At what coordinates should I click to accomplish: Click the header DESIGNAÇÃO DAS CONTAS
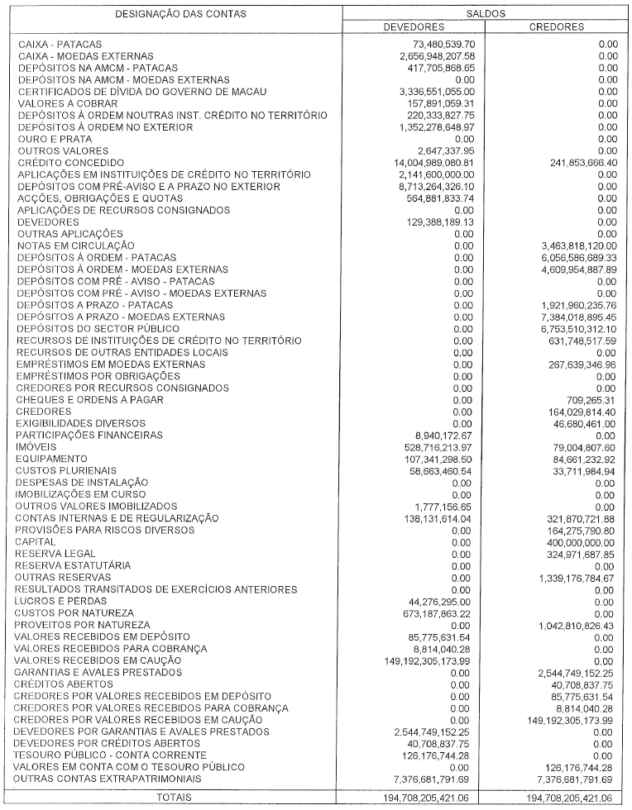[180, 14]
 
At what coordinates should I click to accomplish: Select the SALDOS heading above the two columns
[486, 14]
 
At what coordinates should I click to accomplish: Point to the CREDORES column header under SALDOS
[556, 26]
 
